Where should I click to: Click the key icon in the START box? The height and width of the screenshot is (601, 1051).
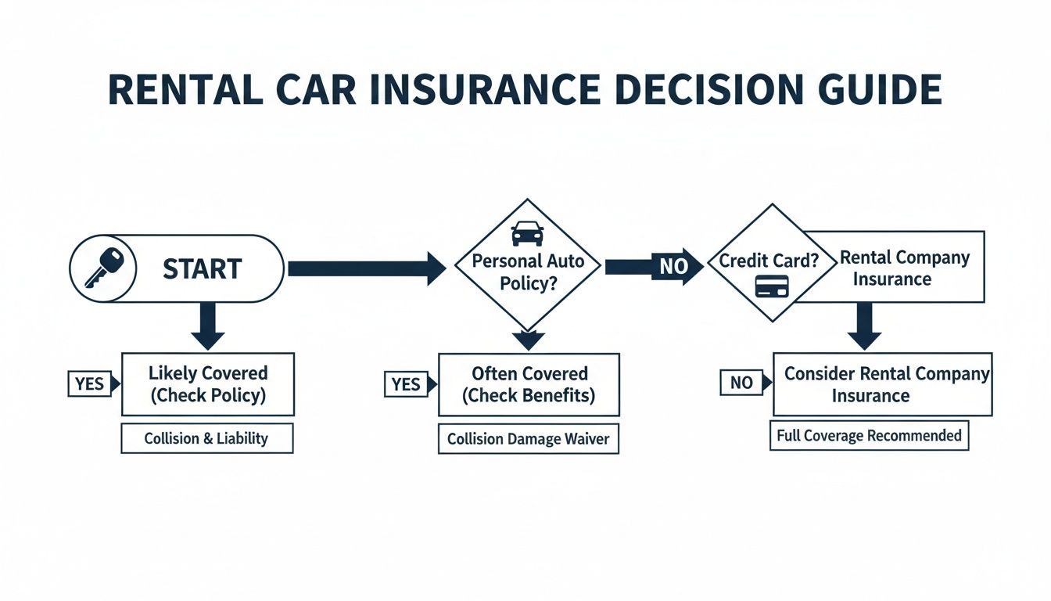tap(104, 268)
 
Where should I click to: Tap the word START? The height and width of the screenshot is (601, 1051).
tap(202, 269)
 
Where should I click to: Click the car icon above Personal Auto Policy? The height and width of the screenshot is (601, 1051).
tap(526, 233)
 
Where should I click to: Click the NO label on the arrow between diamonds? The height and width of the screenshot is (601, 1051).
tap(672, 267)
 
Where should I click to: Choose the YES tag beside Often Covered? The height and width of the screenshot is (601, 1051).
tap(407, 383)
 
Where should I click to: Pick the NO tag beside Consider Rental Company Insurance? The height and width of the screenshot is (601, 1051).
tap(740, 383)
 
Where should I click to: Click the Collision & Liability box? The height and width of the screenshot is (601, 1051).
tap(206, 439)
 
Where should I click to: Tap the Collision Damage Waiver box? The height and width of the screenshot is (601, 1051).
tap(528, 440)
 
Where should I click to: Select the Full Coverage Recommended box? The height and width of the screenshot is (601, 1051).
tap(869, 436)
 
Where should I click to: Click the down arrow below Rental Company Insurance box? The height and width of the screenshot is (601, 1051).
tap(864, 326)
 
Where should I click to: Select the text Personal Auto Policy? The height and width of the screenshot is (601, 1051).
tap(528, 272)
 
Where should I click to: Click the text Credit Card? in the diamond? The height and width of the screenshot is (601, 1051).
tap(768, 261)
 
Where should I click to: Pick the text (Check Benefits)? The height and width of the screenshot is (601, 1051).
tap(528, 395)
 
